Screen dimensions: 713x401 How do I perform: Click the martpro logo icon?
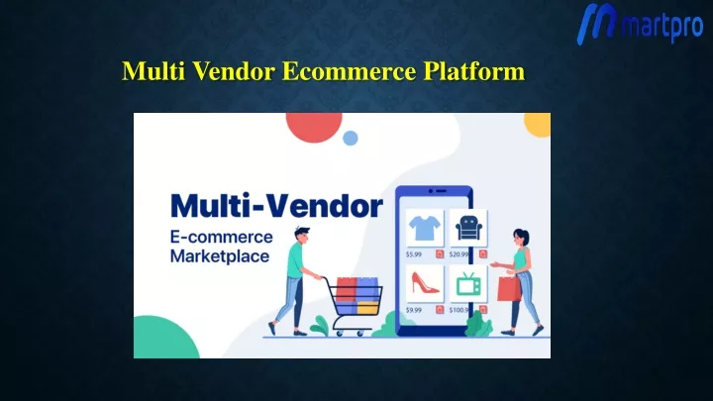[x=596, y=23]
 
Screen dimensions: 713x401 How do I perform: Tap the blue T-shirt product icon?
[x=425, y=228]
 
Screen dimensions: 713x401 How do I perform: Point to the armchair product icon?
[x=468, y=228]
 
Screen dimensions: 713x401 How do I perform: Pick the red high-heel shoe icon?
[x=425, y=282]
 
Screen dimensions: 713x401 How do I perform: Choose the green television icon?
[x=468, y=284]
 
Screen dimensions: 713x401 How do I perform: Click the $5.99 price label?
[x=414, y=254]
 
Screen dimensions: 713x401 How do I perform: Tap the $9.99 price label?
[x=414, y=310]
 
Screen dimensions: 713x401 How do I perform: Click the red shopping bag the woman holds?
[x=509, y=288]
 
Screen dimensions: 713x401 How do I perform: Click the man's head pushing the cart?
[x=301, y=235]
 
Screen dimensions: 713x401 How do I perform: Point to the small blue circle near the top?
[x=351, y=138]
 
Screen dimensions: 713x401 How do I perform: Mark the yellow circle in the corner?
[x=539, y=124]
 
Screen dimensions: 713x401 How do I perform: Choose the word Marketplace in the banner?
[x=220, y=256]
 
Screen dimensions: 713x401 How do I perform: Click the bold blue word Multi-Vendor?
[x=276, y=206]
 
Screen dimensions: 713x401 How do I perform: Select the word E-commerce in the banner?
[x=222, y=237]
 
